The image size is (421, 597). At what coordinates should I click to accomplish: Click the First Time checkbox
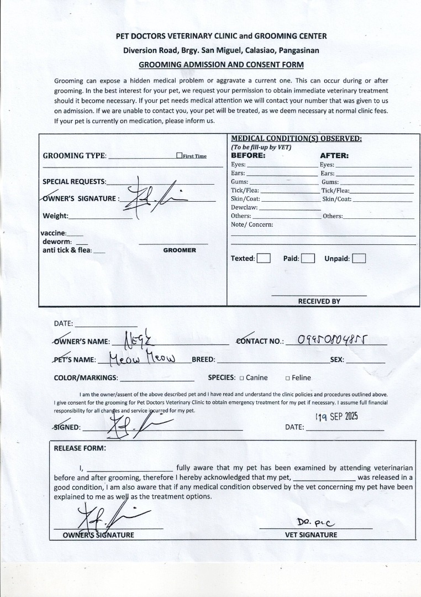180,156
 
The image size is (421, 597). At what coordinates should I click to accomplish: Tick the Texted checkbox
264,258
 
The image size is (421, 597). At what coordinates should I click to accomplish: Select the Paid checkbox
308,258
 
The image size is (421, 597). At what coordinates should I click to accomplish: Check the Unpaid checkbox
359,258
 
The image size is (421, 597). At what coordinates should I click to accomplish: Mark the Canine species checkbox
241,378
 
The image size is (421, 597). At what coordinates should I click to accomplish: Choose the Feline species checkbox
288,378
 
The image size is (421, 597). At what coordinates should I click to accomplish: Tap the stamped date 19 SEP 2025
337,417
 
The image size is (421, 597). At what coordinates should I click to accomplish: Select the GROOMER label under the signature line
180,250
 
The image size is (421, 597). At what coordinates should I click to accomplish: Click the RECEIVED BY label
319,301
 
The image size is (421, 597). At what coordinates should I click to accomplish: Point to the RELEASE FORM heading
80,448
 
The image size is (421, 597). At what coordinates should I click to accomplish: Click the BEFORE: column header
248,156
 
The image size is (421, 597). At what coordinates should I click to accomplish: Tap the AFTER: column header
334,156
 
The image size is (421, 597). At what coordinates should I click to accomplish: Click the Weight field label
55,216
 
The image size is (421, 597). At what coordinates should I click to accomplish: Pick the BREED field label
203,360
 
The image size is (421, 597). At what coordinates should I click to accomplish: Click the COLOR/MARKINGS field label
86,378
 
